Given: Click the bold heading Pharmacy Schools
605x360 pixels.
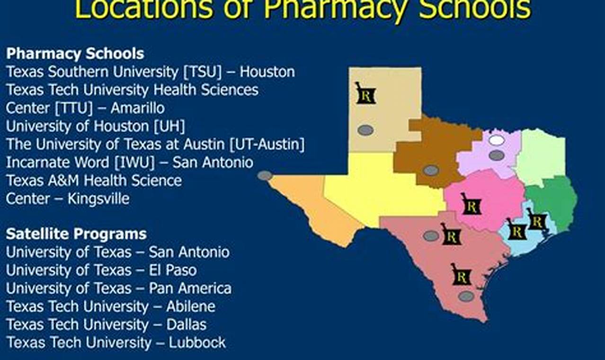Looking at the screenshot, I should pos(75,54).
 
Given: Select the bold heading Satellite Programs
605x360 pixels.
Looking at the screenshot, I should pos(76,234).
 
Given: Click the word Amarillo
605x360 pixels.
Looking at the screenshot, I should pos(138,108).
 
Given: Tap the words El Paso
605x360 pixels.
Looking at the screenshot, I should pos(173,270).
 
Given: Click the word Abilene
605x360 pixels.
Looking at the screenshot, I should pos(191,306).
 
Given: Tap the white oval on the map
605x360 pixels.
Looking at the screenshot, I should pos(497,140).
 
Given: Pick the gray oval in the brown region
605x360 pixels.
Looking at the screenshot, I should pos(431,171).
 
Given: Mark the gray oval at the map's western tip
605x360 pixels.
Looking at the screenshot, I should pos(265,176).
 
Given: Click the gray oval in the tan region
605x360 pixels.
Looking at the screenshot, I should pos(365,130).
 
